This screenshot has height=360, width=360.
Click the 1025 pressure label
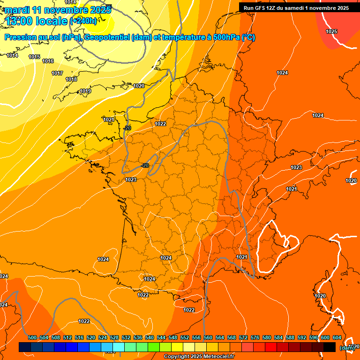[x=331, y=31]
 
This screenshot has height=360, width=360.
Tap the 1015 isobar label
[x=34, y=57]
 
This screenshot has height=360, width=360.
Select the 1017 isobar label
[x=57, y=73]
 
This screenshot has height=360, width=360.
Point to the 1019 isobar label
[x=85, y=91]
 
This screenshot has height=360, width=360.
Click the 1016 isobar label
[x=48, y=61]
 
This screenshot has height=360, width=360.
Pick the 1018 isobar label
[x=71, y=79]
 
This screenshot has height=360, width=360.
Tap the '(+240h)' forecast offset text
[x=83, y=21]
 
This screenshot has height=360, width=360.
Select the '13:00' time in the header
[x=19, y=21]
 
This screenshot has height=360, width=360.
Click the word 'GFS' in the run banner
[x=261, y=8]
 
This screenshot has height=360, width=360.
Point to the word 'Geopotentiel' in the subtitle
[x=106, y=37]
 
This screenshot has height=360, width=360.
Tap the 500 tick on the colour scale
[x=32, y=337]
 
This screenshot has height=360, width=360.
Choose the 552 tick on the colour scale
[x=185, y=337]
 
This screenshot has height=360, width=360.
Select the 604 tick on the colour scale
[x=337, y=337]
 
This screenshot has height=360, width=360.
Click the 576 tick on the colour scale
[x=255, y=337]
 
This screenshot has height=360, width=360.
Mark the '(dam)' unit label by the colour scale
[x=346, y=348]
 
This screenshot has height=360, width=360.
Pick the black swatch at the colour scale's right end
[x=330, y=347]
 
